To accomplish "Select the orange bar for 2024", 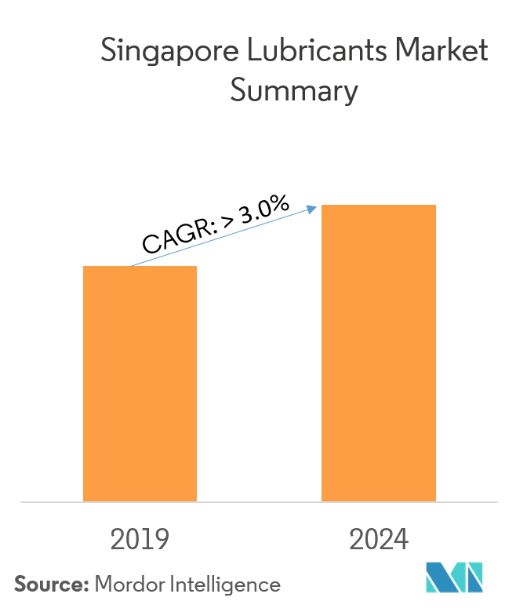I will click(x=378, y=352).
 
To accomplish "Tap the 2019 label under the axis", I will click(x=140, y=540).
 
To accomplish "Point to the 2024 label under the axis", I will click(x=379, y=540).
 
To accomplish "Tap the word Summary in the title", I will click(x=293, y=92).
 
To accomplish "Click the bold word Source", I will click(x=51, y=585).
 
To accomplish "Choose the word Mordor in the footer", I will click(x=127, y=585).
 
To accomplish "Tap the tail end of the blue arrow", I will click(x=132, y=266).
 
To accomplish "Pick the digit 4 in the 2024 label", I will click(x=401, y=540).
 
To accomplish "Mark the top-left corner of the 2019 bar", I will click(x=84, y=267).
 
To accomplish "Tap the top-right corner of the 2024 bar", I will click(x=435, y=206).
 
